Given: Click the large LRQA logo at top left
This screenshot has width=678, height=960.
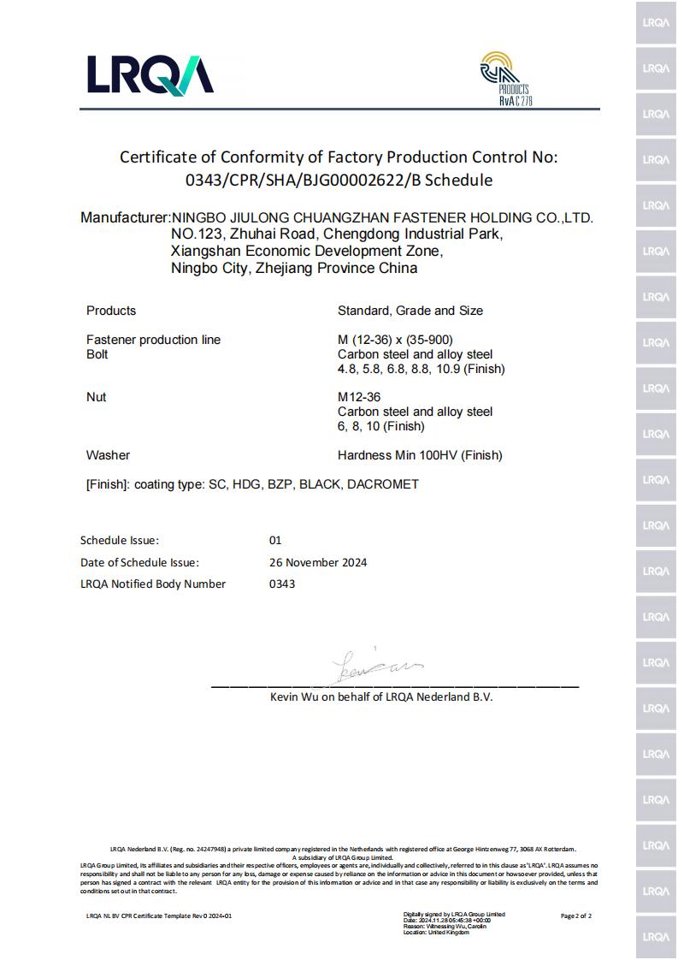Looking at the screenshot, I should [x=150, y=74].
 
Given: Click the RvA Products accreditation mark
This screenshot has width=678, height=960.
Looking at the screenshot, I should [x=504, y=79].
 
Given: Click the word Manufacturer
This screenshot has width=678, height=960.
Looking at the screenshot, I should [x=125, y=217].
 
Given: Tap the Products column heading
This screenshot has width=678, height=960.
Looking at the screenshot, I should [x=111, y=311].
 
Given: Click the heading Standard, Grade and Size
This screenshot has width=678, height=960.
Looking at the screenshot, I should [x=410, y=311].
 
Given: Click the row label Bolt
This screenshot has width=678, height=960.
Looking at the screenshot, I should [x=97, y=354].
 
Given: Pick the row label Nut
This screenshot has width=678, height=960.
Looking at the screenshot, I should [x=97, y=397].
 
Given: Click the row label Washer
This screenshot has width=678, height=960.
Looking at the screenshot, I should [x=108, y=455].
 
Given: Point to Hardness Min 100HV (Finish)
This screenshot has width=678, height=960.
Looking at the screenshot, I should [x=420, y=455].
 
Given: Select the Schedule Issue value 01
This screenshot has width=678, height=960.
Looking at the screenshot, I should [x=275, y=541].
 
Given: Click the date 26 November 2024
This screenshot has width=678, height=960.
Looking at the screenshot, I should [x=318, y=562].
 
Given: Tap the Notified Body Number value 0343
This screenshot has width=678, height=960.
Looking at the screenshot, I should [x=282, y=584].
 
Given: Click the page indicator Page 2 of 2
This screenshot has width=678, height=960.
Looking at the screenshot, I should [x=575, y=916].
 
